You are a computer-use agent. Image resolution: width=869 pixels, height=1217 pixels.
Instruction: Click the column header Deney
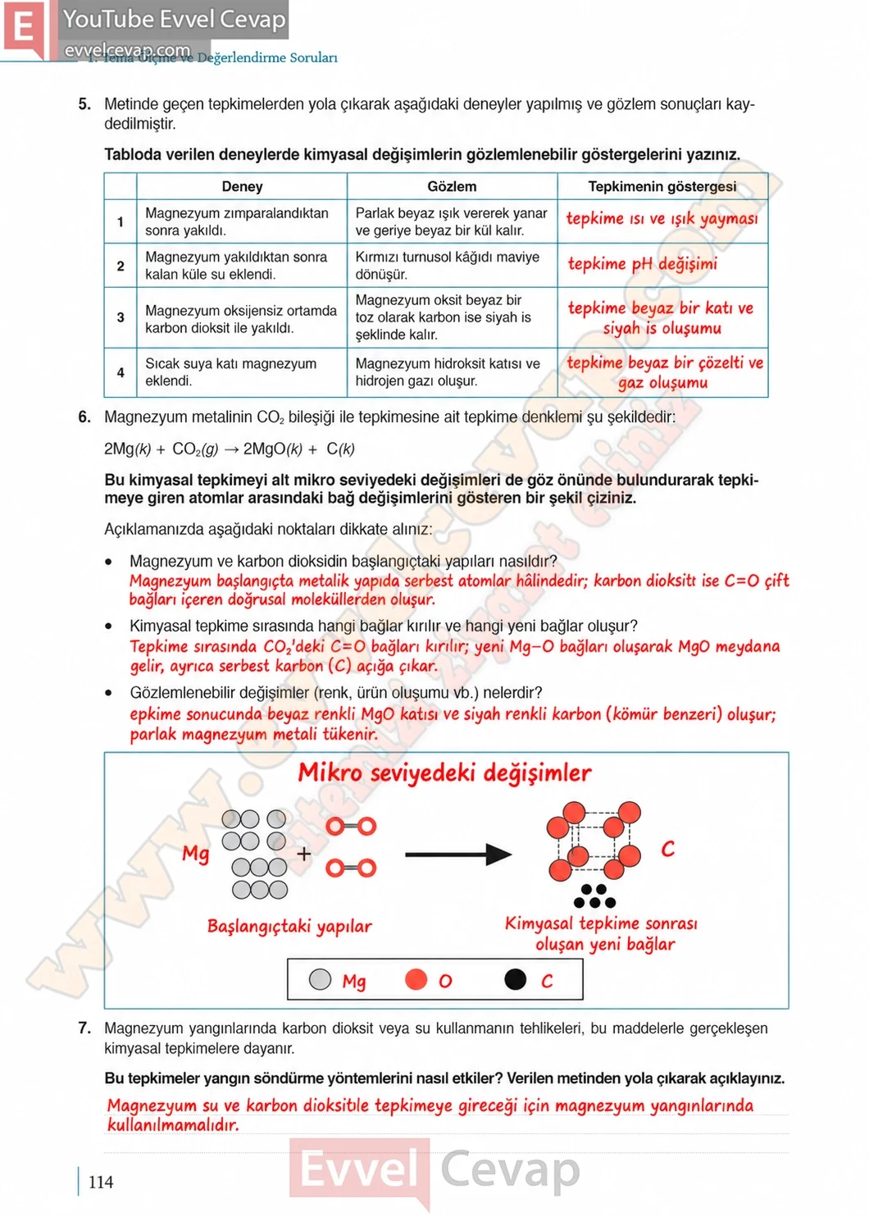click(x=242, y=186)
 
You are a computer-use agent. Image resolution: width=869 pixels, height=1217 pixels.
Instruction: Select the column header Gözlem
click(x=452, y=186)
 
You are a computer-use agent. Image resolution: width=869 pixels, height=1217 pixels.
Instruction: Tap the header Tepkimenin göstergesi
click(x=662, y=186)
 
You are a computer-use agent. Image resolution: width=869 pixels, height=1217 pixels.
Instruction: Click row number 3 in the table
click(x=121, y=317)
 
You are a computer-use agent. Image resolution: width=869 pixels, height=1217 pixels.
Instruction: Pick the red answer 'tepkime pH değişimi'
click(x=643, y=264)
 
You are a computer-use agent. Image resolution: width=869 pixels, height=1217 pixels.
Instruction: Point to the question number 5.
click(x=84, y=104)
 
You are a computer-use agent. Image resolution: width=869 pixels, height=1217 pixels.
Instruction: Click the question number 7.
click(x=84, y=1028)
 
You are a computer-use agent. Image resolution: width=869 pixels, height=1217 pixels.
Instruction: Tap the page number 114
click(x=101, y=1182)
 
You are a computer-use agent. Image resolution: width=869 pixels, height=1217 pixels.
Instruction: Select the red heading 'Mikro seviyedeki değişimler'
click(x=444, y=773)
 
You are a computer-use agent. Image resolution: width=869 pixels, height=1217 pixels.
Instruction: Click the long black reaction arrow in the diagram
click(x=458, y=855)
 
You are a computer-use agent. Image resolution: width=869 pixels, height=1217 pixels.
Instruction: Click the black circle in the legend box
click(x=515, y=979)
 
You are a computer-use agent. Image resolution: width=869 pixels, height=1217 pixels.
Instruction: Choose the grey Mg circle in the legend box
click(x=320, y=979)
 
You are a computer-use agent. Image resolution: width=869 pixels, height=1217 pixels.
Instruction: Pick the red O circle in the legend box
click(x=416, y=979)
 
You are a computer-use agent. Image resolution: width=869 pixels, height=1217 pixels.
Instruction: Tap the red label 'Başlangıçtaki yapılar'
click(x=289, y=927)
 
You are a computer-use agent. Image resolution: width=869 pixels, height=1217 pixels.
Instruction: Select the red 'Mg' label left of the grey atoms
click(x=195, y=854)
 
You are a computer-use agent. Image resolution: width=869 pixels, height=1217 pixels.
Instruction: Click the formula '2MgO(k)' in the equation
click(x=273, y=449)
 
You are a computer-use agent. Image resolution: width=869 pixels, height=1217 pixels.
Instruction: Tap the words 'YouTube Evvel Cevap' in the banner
click(x=175, y=20)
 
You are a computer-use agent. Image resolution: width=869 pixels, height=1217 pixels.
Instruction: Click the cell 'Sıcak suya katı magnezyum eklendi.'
click(x=231, y=372)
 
